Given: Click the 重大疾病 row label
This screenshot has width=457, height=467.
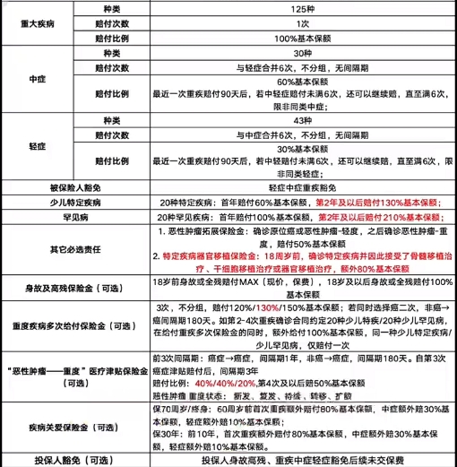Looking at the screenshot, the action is (x=38, y=22).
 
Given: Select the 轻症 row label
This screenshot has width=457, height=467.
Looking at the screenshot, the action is (x=38, y=144).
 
